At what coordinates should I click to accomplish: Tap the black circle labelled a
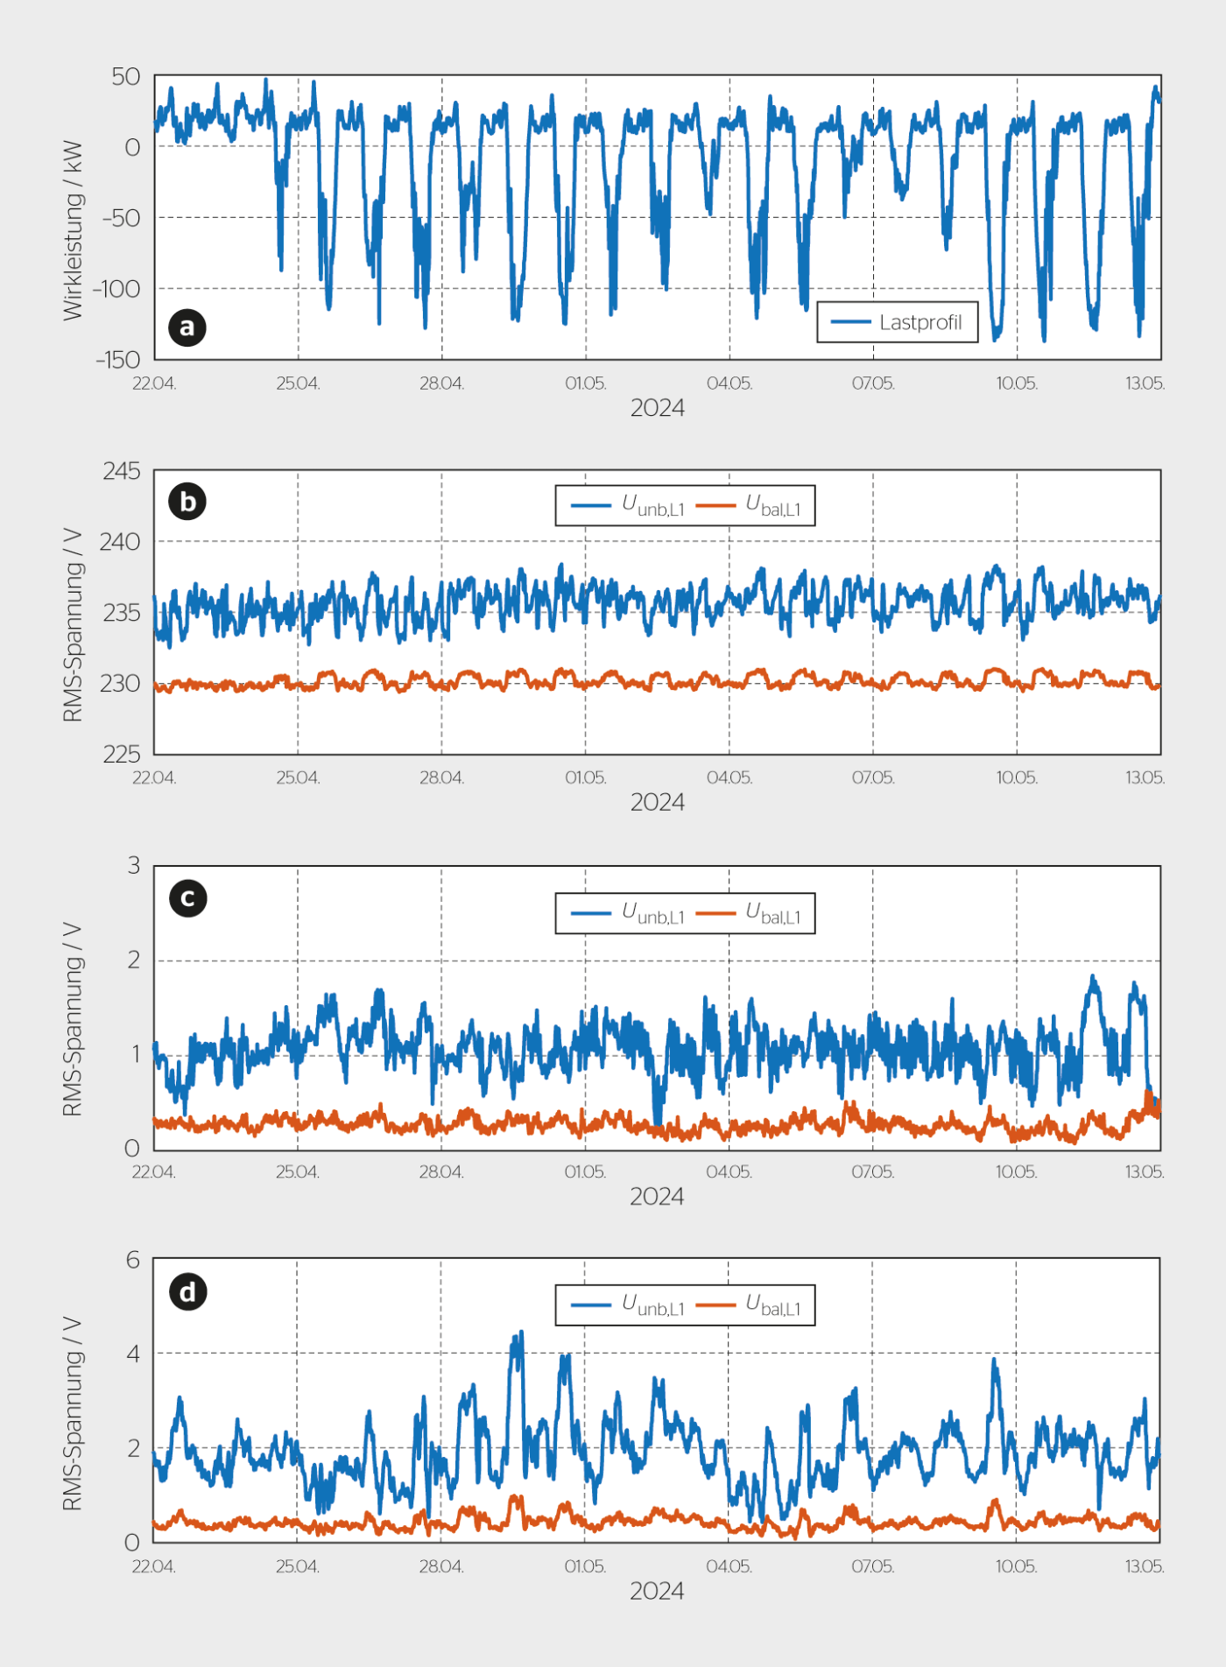(187, 327)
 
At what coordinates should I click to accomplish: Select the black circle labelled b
(187, 502)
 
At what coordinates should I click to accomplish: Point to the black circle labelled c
(187, 898)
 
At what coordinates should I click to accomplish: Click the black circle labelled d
(187, 1292)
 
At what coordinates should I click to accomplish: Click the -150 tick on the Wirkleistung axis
(118, 360)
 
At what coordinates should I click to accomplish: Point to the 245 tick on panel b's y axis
(121, 471)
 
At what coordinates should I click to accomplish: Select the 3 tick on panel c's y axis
(133, 865)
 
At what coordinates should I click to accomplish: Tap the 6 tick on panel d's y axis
(132, 1260)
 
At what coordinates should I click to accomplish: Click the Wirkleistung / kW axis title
(72, 230)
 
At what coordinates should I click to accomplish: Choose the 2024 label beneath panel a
(657, 408)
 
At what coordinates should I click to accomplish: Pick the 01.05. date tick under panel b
(585, 777)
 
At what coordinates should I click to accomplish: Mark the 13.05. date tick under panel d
(1145, 1566)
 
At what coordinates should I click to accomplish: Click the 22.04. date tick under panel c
(154, 1171)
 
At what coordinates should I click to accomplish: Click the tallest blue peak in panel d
(521, 1333)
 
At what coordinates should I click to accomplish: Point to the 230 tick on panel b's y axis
(120, 683)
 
